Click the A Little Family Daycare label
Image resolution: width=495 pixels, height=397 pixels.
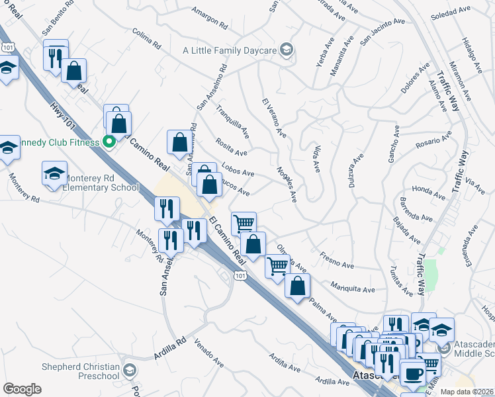229,50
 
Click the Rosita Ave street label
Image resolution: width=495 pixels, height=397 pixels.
231,148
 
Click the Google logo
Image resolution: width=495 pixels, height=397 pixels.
22,389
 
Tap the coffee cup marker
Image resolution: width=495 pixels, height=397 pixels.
413,374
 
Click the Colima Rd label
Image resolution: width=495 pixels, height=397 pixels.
146,41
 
